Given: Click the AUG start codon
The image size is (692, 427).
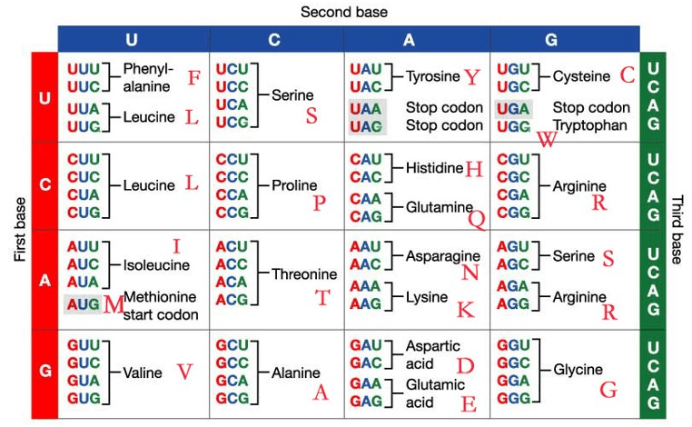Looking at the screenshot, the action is coord(83,304).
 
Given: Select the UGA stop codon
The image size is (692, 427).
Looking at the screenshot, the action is coord(513,109).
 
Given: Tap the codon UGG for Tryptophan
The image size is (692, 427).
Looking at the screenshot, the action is coord(513,126).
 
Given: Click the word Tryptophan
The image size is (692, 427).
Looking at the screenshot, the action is coord(589,126).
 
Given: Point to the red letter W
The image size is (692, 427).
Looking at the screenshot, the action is coord(547,139).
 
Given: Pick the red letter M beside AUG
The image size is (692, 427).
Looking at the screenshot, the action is coord(114,304).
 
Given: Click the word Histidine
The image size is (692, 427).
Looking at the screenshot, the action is coord(434,168).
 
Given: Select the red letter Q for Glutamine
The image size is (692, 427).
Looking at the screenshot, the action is coord(477,219).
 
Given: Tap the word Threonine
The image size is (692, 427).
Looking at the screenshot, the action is coord(304,274).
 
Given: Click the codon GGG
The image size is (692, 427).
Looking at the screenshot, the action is coord(513,398).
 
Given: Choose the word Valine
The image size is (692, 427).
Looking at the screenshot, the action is coord(142,372).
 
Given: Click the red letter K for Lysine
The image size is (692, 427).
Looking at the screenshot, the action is coord(466,310).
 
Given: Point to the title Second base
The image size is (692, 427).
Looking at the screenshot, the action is coord(344,12).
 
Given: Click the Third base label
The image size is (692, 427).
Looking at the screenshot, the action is coord(677,230).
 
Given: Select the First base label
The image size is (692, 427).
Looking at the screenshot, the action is coord(20,229).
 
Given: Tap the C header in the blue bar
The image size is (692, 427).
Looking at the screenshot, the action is coord(274,40).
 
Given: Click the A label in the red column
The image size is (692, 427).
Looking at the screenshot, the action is coord(44,281).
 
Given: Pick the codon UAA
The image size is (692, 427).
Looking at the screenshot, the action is coord(365,109).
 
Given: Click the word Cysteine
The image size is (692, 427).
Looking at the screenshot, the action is coord(581,76).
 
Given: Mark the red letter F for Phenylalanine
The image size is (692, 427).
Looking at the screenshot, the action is coord(194,78).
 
